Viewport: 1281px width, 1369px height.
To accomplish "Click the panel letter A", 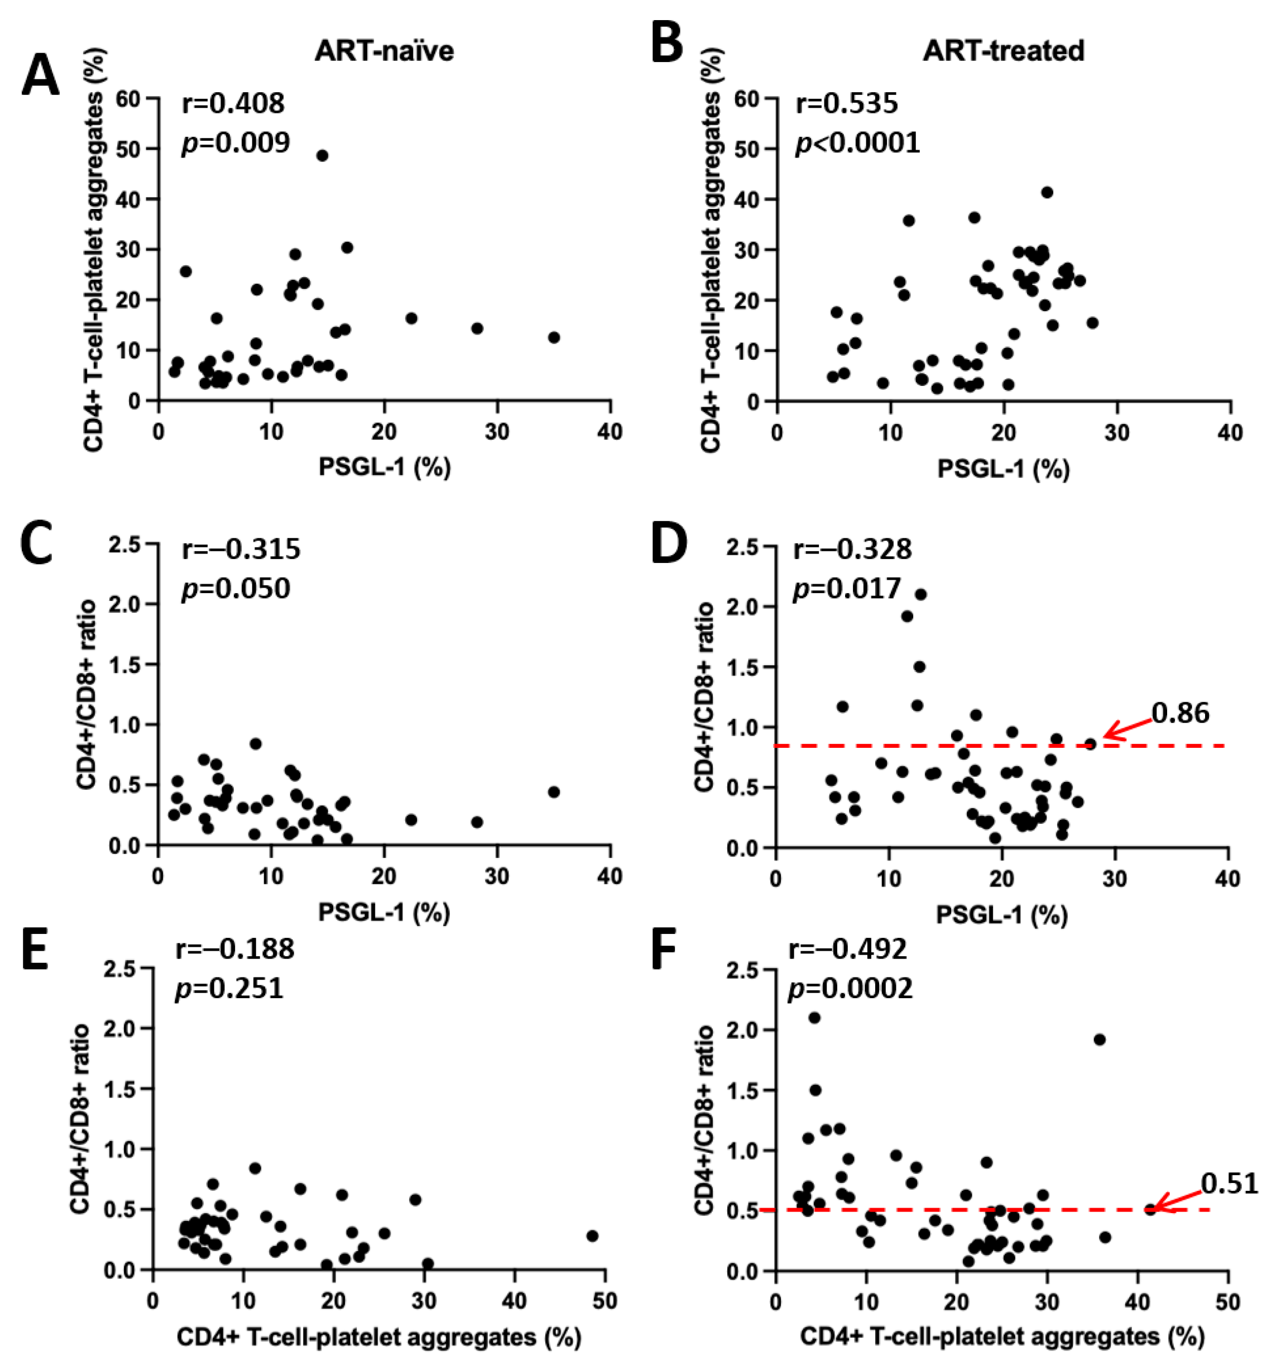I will [x=40, y=77].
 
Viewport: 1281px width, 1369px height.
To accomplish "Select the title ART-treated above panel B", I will [x=1004, y=51].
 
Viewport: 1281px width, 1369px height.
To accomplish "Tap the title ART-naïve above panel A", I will [x=384, y=51].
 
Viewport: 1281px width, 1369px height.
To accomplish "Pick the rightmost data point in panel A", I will [x=553, y=337].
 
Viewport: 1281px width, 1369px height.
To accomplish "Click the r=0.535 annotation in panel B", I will [x=847, y=103].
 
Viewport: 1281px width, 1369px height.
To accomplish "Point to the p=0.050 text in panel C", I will [x=236, y=589].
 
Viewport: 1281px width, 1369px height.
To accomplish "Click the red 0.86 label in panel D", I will [x=1180, y=713].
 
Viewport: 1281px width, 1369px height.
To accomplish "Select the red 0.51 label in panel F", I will [x=1230, y=1183].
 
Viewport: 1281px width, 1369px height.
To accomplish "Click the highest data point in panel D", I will [x=920, y=594].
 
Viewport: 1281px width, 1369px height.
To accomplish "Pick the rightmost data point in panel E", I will [x=592, y=1236].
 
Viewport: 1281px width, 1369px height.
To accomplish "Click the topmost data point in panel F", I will [x=814, y=1018].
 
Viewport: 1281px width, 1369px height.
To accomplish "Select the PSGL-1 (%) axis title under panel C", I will [x=384, y=913].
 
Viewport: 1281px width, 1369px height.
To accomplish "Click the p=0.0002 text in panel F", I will [x=850, y=989].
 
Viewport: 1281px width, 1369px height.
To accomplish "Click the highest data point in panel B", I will [x=1047, y=192].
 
